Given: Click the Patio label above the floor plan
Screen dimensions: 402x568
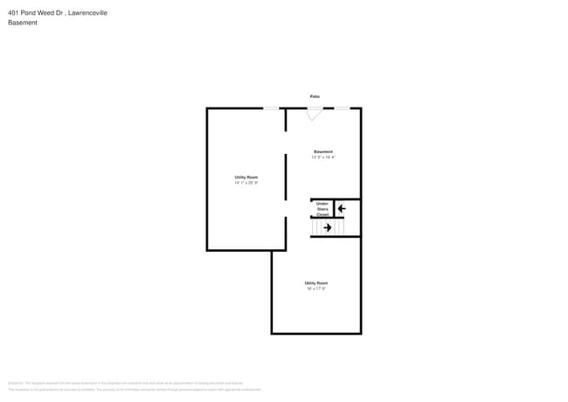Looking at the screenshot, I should point(315,96).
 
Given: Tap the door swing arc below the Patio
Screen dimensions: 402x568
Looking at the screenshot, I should point(315,114).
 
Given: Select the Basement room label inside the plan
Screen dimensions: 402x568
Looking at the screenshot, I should point(323,152).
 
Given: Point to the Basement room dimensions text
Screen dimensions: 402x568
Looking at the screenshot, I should point(323,157).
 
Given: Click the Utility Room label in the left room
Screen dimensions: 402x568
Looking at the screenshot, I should point(246,177).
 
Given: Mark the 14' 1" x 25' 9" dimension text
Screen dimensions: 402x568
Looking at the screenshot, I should point(246,183).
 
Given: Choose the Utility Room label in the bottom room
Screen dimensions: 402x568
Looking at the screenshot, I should point(316,283).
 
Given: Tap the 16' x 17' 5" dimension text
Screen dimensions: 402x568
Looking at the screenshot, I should point(316,288).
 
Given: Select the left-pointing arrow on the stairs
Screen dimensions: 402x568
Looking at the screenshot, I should point(342,208).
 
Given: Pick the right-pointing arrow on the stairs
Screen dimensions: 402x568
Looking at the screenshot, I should point(328,228).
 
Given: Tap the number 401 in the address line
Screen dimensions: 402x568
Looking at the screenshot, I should point(14,13).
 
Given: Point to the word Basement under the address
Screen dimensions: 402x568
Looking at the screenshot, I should point(23,24).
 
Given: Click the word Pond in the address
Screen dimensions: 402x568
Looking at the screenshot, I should point(29,13).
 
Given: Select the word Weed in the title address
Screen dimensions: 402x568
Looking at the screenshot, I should point(45,13).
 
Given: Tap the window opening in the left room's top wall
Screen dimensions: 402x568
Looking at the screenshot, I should point(272,107).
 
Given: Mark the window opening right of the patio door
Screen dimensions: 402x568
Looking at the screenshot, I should point(343,107).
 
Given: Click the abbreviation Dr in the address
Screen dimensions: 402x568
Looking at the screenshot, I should point(57,13).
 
